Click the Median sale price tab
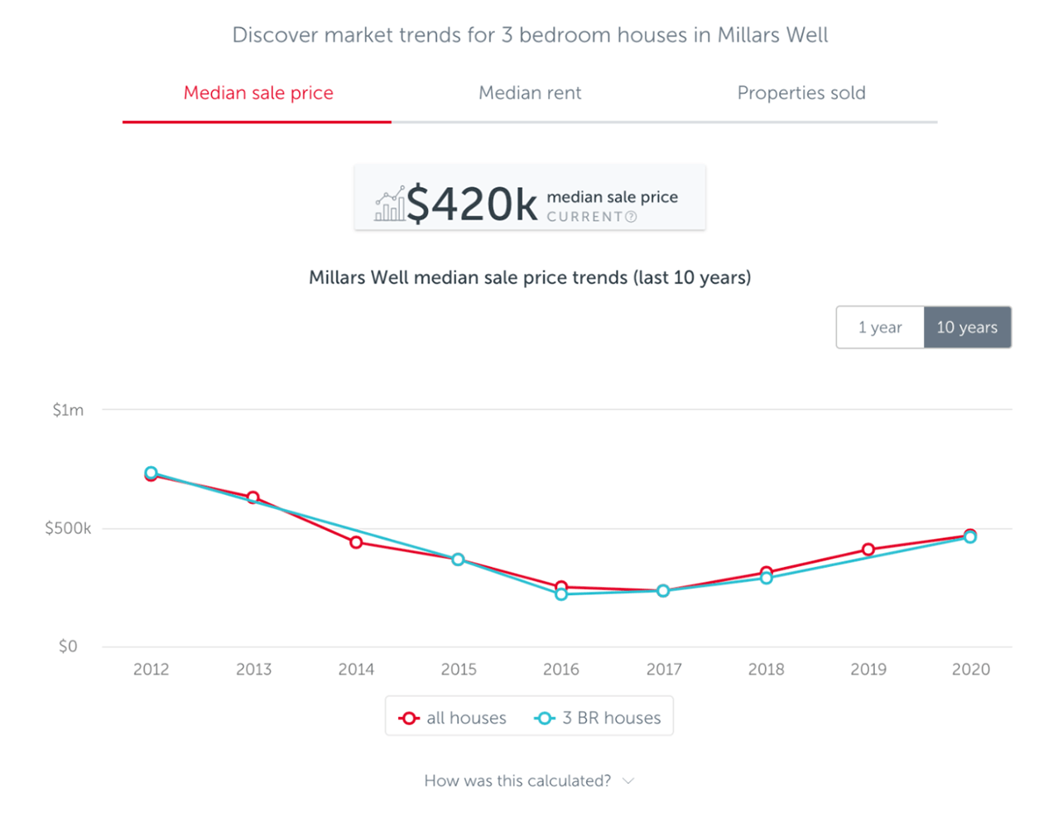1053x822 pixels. click(x=258, y=93)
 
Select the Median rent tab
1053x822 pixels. click(x=530, y=93)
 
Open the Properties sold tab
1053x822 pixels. click(x=801, y=93)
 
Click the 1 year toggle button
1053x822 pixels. click(x=880, y=327)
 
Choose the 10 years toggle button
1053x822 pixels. click(x=967, y=327)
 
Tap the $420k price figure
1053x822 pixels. click(x=472, y=204)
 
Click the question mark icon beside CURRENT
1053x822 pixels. click(x=631, y=217)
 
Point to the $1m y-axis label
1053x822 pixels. click(x=68, y=410)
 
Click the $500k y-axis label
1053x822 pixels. click(x=68, y=528)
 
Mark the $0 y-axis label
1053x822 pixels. click(x=68, y=647)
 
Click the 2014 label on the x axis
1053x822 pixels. click(x=356, y=669)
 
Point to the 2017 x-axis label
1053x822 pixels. click(x=664, y=669)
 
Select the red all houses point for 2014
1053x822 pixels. click(x=356, y=542)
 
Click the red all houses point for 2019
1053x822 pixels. click(x=868, y=550)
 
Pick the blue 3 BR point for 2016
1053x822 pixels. click(x=561, y=594)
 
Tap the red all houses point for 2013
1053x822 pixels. click(x=253, y=498)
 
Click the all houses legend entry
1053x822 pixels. click(x=453, y=718)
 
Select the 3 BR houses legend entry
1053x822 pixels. click(x=599, y=718)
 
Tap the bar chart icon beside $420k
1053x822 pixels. click(x=389, y=204)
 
